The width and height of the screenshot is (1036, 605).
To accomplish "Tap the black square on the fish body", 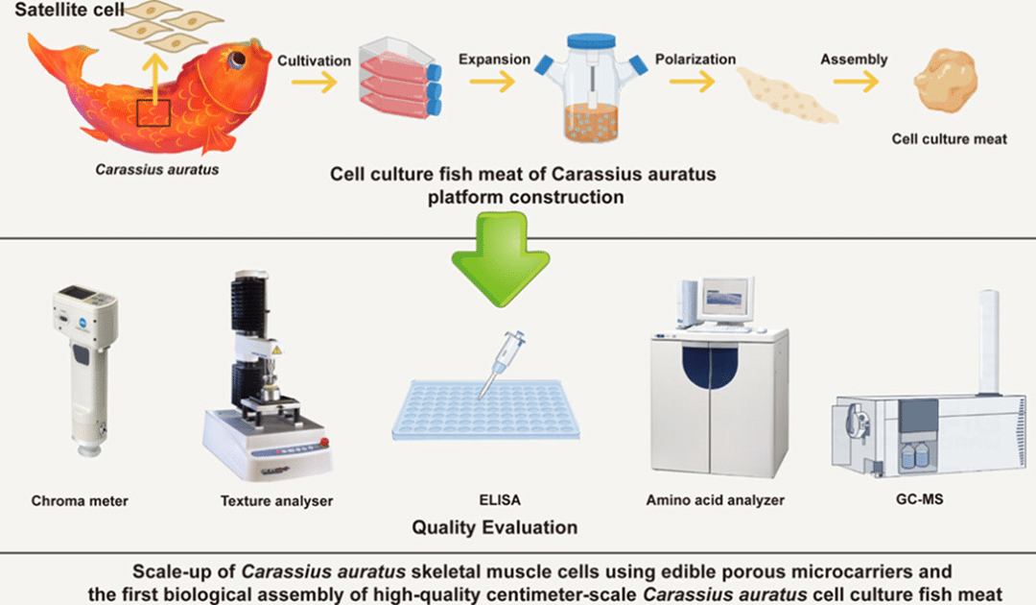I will (x=153, y=113).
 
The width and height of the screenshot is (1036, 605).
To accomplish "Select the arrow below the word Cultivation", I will (x=314, y=83).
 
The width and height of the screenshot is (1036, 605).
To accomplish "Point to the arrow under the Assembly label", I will (x=857, y=83).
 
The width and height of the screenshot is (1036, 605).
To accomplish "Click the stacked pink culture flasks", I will (x=399, y=85).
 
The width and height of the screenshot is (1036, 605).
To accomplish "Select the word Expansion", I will (x=495, y=60).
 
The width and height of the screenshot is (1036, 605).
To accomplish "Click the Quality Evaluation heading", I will (x=495, y=527).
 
